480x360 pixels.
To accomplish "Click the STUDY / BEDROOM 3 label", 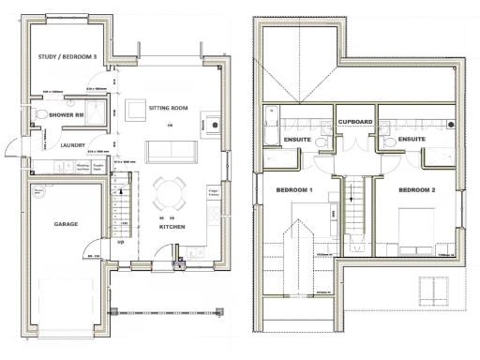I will pyautogui.click(x=67, y=57).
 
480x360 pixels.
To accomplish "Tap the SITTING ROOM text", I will pyautogui.click(x=169, y=109).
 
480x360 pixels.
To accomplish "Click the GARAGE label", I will pyautogui.click(x=65, y=225).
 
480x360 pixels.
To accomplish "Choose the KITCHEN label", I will pyautogui.click(x=172, y=228).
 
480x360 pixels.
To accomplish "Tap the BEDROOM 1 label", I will pyautogui.click(x=294, y=189).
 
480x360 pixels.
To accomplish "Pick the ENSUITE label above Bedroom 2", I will pyautogui.click(x=412, y=139).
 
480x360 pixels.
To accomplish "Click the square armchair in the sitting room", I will pyautogui.click(x=215, y=123).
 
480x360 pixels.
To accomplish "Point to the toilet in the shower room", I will pyautogui.click(x=38, y=115).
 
